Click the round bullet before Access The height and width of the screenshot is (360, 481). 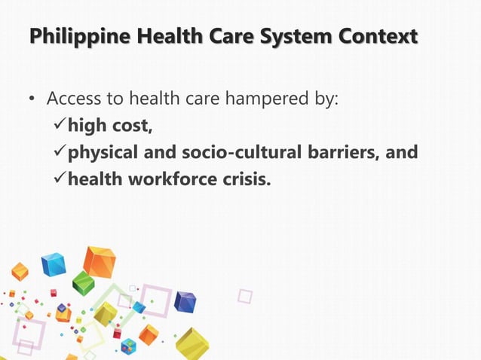pos(31,99)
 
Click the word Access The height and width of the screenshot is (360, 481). pos(73,99)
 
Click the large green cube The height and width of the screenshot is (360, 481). pos(83,283)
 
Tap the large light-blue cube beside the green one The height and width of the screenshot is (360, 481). pos(54,264)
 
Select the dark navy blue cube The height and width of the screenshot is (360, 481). pos(185,301)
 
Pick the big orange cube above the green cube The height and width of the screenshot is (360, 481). pos(100,261)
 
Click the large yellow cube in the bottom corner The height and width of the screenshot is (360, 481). pos(192,343)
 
